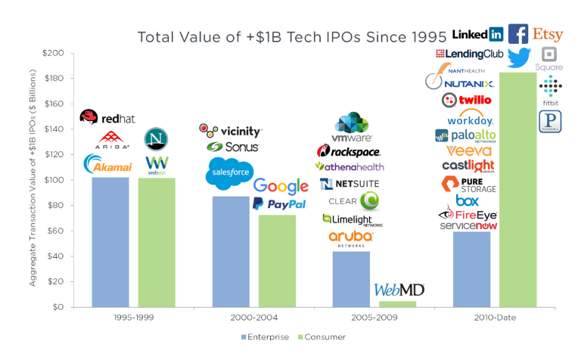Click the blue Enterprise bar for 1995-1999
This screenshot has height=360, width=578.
[110, 242]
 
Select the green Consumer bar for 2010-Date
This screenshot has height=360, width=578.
[517, 189]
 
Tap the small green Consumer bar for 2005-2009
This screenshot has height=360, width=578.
[397, 304]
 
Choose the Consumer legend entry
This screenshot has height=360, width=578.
[324, 337]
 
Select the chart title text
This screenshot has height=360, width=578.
[291, 36]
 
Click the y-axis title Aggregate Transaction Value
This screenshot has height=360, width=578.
[34, 180]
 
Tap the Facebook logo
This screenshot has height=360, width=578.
[518, 34]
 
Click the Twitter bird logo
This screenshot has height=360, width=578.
[520, 57]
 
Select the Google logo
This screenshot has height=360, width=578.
[281, 186]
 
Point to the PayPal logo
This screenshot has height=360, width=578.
[279, 204]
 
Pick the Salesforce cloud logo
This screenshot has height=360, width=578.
[229, 174]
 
